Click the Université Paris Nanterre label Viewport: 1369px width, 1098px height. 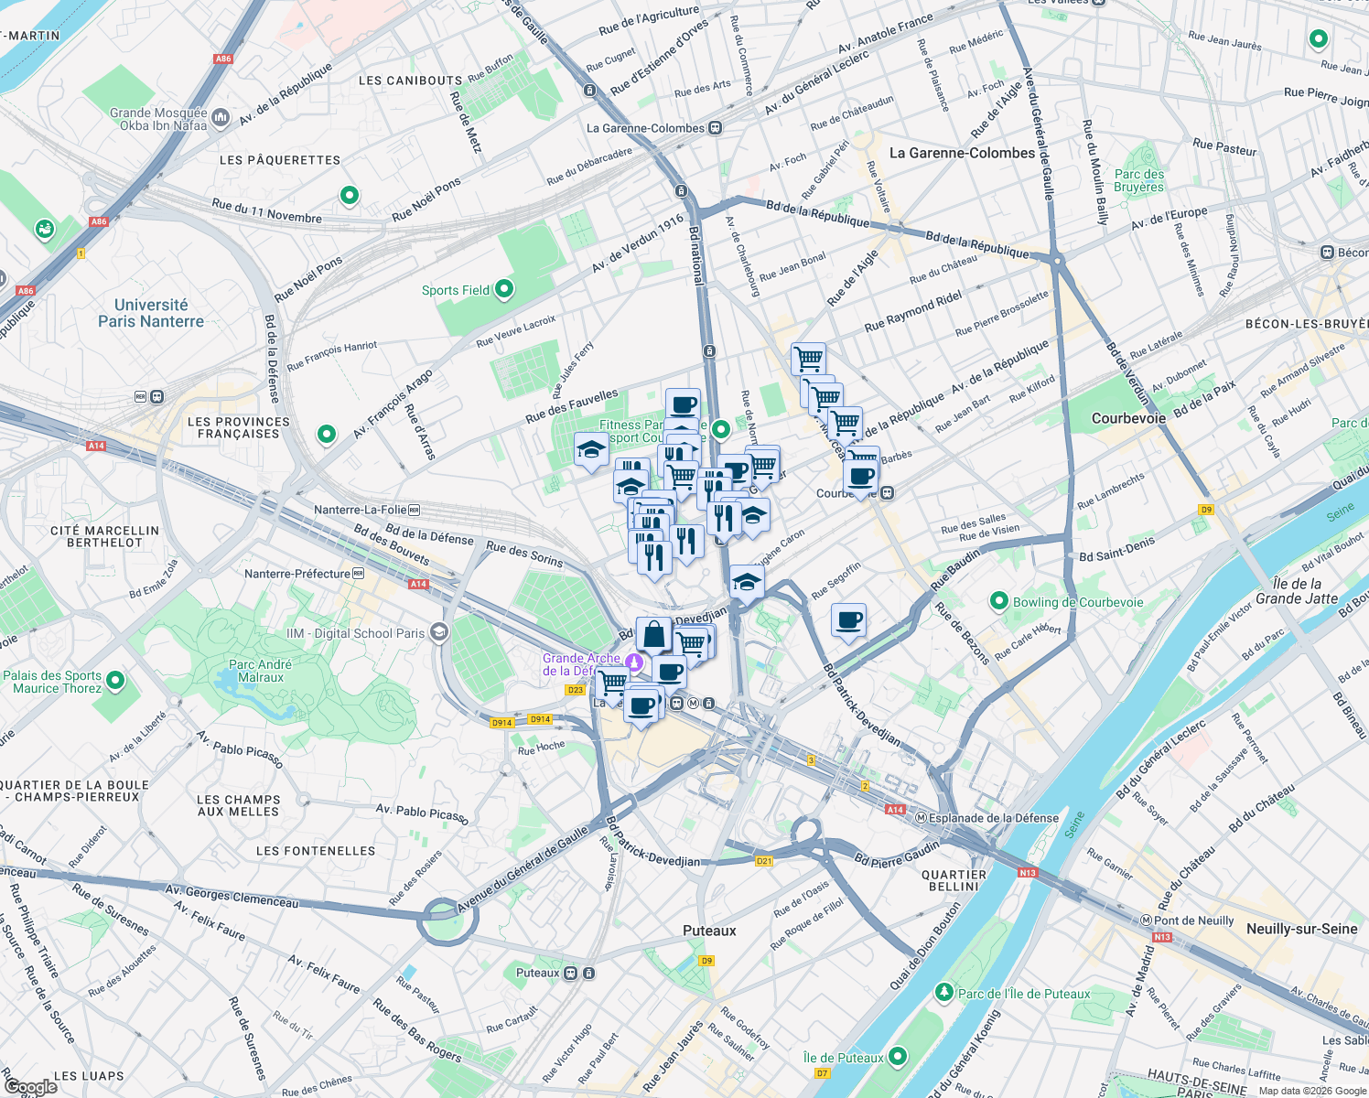[x=151, y=313]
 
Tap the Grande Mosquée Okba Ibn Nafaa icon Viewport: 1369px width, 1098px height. [x=221, y=117]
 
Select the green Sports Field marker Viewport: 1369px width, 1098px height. [x=503, y=290]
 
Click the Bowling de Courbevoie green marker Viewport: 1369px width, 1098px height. [x=999, y=601]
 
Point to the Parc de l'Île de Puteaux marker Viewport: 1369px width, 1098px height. [x=944, y=993]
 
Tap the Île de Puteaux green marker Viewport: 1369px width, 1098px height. [x=898, y=1057]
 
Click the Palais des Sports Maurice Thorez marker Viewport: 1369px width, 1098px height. [x=115, y=681]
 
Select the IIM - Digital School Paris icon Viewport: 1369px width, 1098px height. [x=439, y=632]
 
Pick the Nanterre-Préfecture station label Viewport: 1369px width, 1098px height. [x=298, y=574]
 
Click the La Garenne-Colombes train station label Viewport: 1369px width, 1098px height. [x=645, y=128]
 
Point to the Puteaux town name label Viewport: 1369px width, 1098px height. [x=709, y=931]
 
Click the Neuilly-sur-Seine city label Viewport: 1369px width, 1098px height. [x=1301, y=929]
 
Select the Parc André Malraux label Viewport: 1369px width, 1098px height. [x=261, y=671]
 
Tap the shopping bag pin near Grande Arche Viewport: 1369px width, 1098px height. [x=653, y=633]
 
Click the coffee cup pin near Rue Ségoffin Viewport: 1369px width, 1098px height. [x=848, y=620]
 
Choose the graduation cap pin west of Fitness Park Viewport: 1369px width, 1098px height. [x=591, y=449]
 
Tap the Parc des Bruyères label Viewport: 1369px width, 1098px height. [x=1139, y=180]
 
